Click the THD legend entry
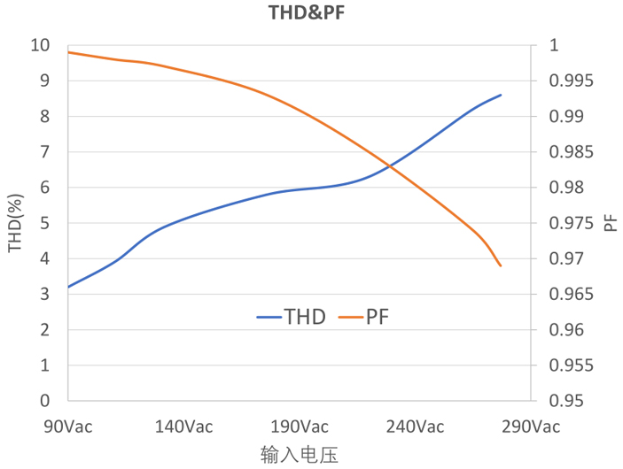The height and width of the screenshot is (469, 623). click(292, 317)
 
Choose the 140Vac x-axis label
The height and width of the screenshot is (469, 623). click(183, 427)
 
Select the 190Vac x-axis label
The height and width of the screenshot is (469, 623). click(300, 427)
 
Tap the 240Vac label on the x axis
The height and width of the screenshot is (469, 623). click(416, 427)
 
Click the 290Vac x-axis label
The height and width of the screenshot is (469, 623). click(531, 427)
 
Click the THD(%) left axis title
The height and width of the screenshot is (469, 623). click(15, 223)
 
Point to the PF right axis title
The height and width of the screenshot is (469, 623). click(611, 222)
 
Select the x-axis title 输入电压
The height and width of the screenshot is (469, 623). click(300, 455)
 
